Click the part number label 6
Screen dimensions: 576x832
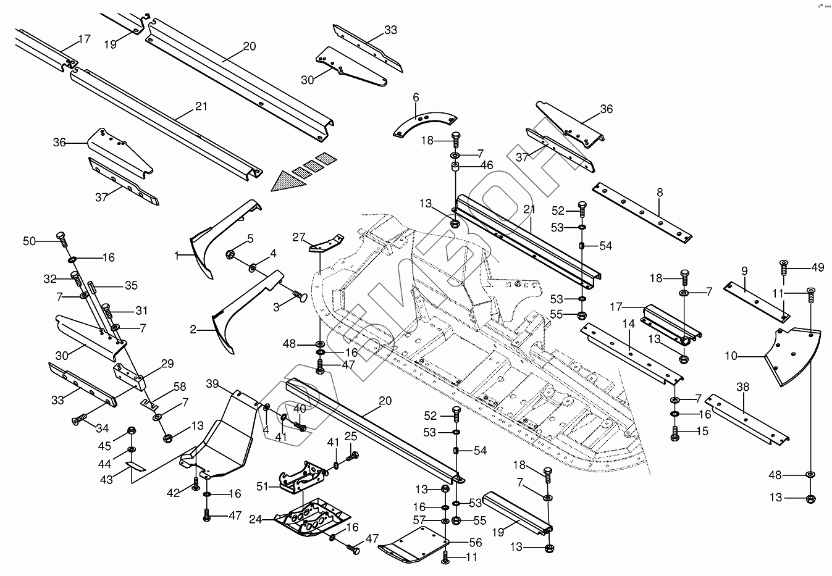[x=416, y=97]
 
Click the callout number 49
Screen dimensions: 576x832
[x=818, y=267]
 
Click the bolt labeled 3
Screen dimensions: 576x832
[x=299, y=297]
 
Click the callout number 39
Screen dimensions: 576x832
[x=212, y=384]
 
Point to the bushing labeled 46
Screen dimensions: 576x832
[x=455, y=166]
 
